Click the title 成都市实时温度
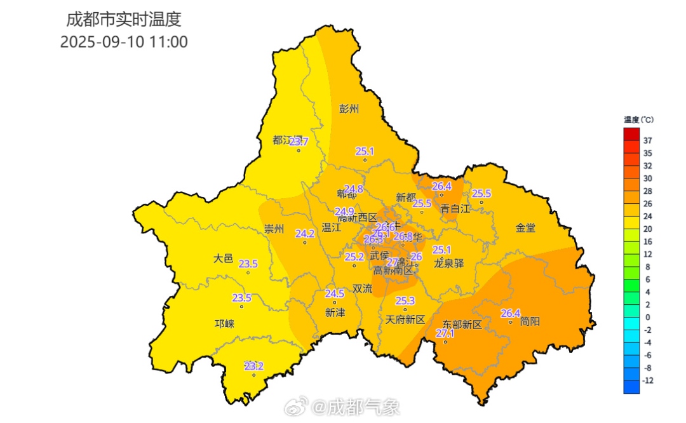[x=124, y=20]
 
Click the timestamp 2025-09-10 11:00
[x=124, y=42]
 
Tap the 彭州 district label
[x=349, y=109]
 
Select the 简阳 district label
[x=530, y=321]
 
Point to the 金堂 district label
[x=526, y=227]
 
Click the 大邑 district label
[x=223, y=258]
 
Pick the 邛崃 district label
[x=224, y=324]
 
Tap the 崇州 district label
[x=274, y=230]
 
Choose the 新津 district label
[x=335, y=312]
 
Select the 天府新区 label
[x=405, y=319]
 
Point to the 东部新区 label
[x=462, y=325]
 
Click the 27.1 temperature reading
[x=445, y=333]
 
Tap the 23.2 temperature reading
[x=253, y=366]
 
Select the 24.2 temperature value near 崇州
[x=305, y=234]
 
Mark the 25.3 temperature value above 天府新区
[x=405, y=300]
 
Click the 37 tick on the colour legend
[x=648, y=140]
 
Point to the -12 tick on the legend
[x=648, y=380]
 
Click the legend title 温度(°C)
[x=638, y=120]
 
